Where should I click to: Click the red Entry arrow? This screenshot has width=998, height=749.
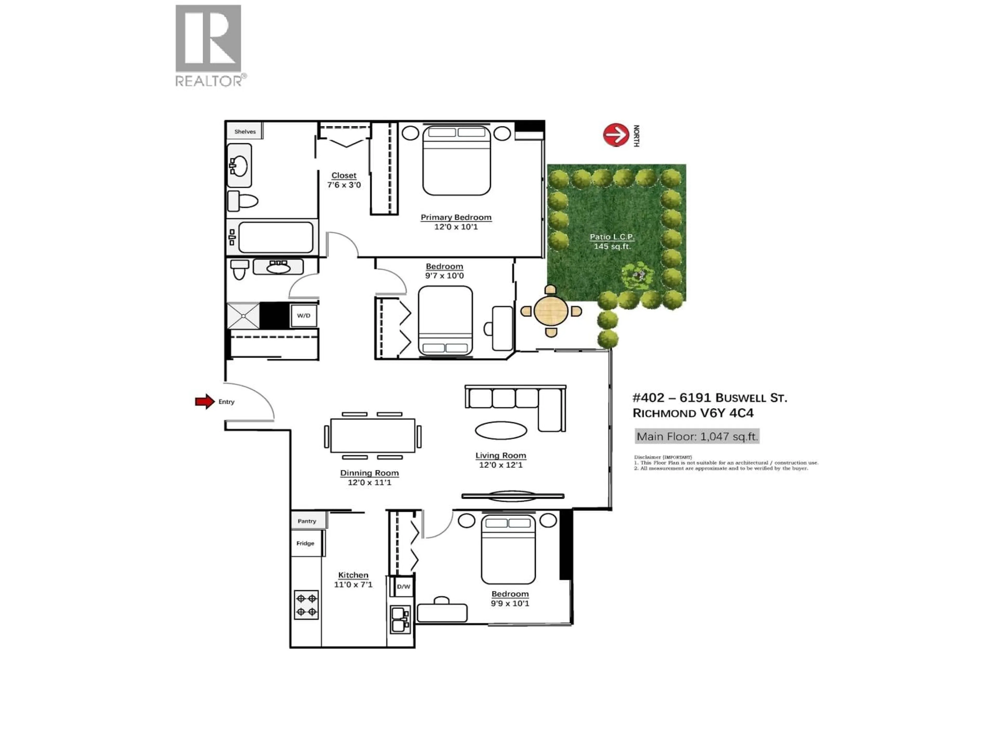pyautogui.click(x=204, y=401)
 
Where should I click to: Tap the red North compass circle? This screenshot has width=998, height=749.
pyautogui.click(x=616, y=134)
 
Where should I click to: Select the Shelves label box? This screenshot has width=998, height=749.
pyautogui.click(x=245, y=131)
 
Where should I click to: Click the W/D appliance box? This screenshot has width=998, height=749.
pyautogui.click(x=304, y=315)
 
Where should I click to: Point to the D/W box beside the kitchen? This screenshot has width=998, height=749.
pyautogui.click(x=403, y=586)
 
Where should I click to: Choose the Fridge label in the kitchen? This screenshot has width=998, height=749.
pyautogui.click(x=305, y=543)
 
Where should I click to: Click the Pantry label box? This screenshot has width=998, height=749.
pyautogui.click(x=307, y=521)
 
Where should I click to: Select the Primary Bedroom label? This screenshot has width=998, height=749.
pyautogui.click(x=456, y=217)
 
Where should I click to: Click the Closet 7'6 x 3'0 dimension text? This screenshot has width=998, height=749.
pyautogui.click(x=344, y=185)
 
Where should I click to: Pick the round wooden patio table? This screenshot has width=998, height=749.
pyautogui.click(x=551, y=311)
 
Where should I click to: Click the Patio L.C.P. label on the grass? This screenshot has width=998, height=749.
pyautogui.click(x=612, y=237)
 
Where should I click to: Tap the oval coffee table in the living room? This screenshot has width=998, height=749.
pyautogui.click(x=501, y=430)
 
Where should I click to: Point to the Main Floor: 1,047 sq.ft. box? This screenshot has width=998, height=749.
pyautogui.click(x=697, y=436)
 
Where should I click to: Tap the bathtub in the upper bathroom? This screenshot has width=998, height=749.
pyautogui.click(x=276, y=237)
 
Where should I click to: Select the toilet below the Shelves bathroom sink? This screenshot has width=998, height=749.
pyautogui.click(x=242, y=201)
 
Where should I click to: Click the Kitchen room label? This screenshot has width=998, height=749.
pyautogui.click(x=353, y=575)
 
